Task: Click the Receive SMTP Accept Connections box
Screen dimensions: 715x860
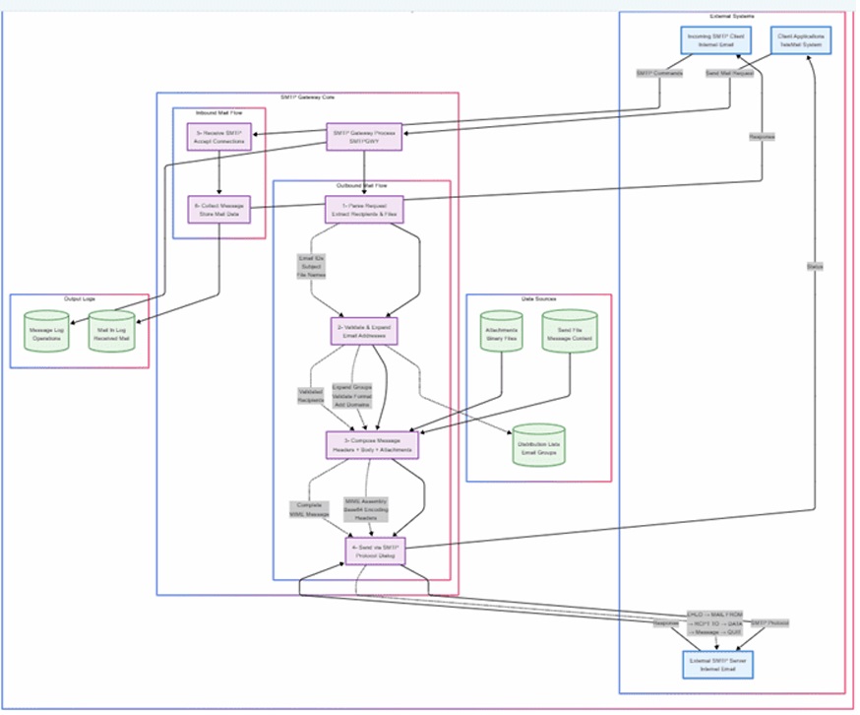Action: pyautogui.click(x=219, y=137)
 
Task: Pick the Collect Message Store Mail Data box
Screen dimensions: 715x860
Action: pyautogui.click(x=219, y=209)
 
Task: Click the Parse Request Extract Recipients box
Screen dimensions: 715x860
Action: pyautogui.click(x=365, y=209)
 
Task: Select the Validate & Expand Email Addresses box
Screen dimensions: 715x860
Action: pyautogui.click(x=365, y=332)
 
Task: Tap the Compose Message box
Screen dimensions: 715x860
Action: pyautogui.click(x=372, y=445)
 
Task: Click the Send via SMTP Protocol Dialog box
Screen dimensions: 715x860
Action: pyautogui.click(x=375, y=552)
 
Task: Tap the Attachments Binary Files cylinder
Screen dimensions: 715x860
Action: pyautogui.click(x=503, y=333)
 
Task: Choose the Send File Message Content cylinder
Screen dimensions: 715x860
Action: pyautogui.click(x=571, y=333)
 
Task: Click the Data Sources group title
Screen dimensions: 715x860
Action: pyautogui.click(x=538, y=298)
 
